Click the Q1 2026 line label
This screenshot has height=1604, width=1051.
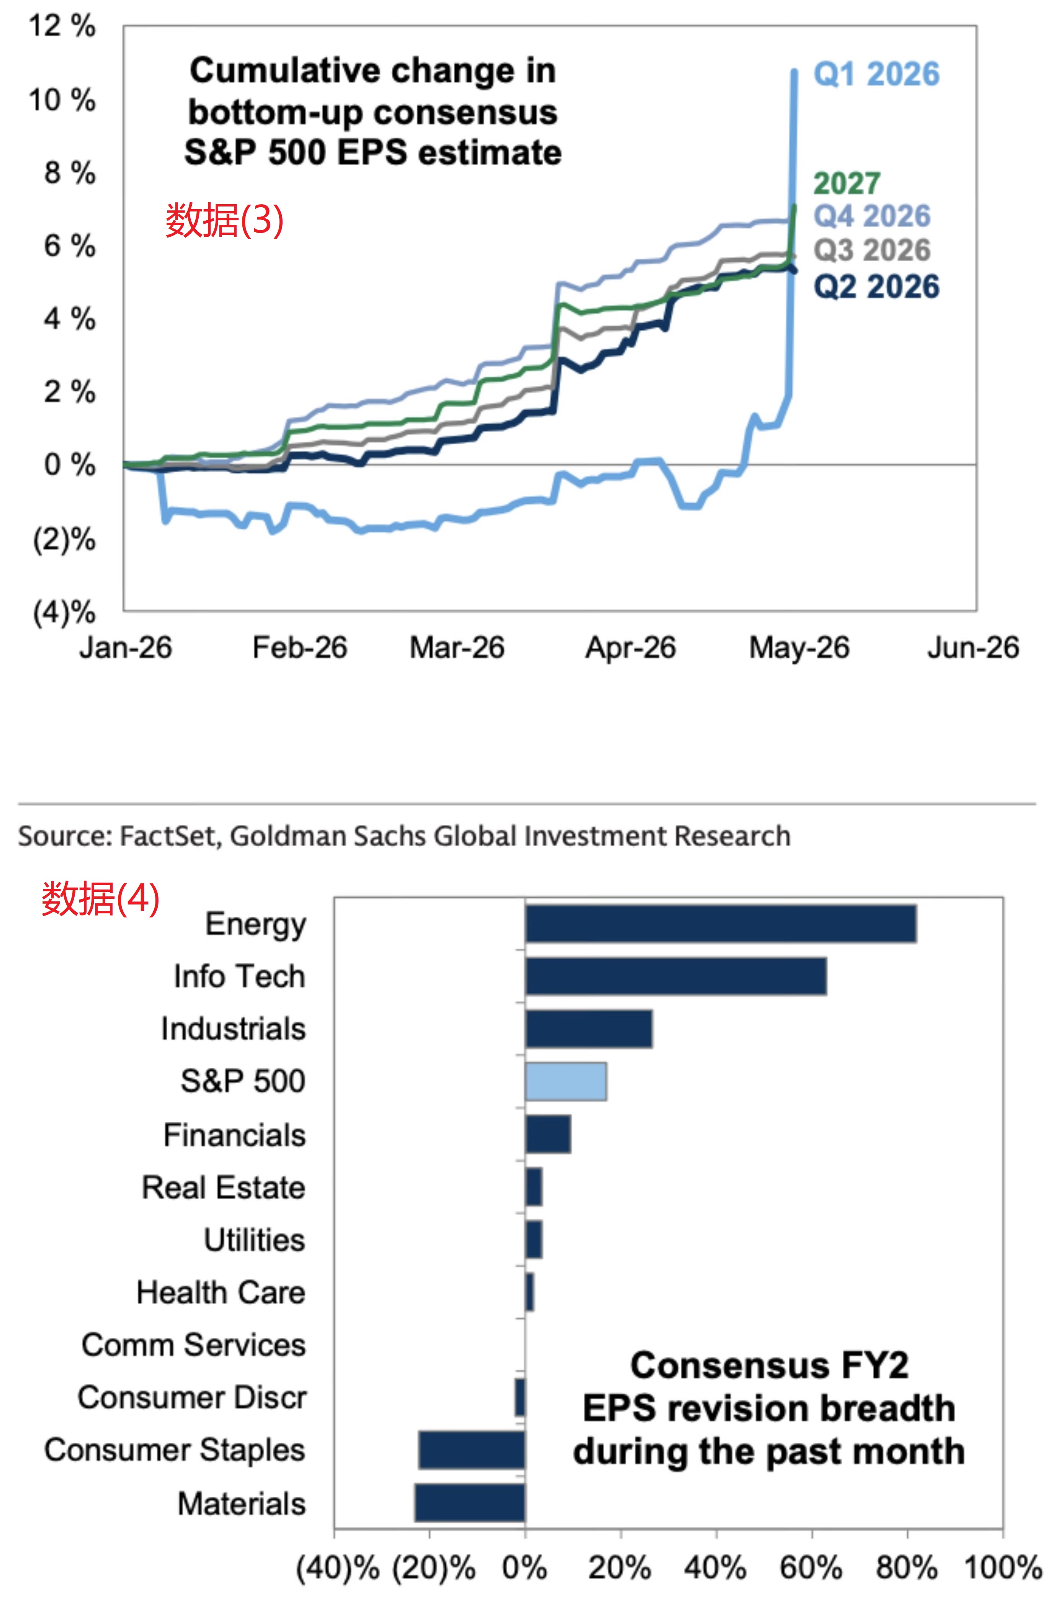(876, 74)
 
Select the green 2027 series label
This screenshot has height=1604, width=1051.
(847, 184)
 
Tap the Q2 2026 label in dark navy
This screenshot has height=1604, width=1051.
(876, 287)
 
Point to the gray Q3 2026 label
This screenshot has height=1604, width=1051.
(872, 250)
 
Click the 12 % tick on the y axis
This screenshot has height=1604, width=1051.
(62, 26)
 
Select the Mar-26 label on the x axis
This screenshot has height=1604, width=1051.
(457, 648)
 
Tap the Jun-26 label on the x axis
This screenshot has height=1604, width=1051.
(973, 648)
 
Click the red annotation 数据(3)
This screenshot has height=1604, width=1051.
(224, 220)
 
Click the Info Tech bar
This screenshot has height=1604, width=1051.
(676, 976)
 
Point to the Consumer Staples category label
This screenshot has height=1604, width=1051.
(175, 1450)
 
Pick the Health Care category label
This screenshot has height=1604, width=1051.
(221, 1293)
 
